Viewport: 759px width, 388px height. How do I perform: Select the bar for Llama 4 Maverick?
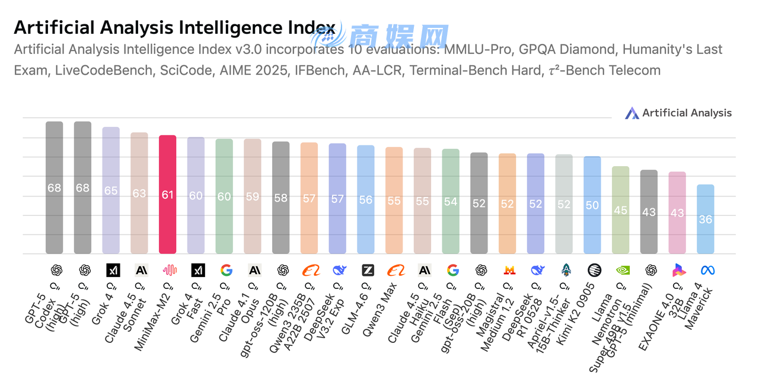[705, 219]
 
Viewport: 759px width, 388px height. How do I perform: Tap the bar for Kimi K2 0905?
[592, 205]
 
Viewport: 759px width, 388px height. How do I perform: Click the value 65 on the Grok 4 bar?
[111, 191]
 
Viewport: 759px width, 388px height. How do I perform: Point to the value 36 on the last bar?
[705, 220]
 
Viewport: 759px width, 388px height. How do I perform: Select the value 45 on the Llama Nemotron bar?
[620, 210]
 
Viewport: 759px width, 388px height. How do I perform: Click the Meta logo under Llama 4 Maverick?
[707, 271]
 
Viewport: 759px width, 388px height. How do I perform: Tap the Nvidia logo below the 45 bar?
[623, 271]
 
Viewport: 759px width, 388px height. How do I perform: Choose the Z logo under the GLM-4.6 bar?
[368, 271]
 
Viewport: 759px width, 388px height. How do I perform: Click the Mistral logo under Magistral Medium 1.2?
[509, 271]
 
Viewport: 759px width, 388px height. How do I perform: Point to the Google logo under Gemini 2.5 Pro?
[226, 271]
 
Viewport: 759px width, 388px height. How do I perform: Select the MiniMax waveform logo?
[170, 271]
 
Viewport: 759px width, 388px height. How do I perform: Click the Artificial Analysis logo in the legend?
[632, 113]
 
